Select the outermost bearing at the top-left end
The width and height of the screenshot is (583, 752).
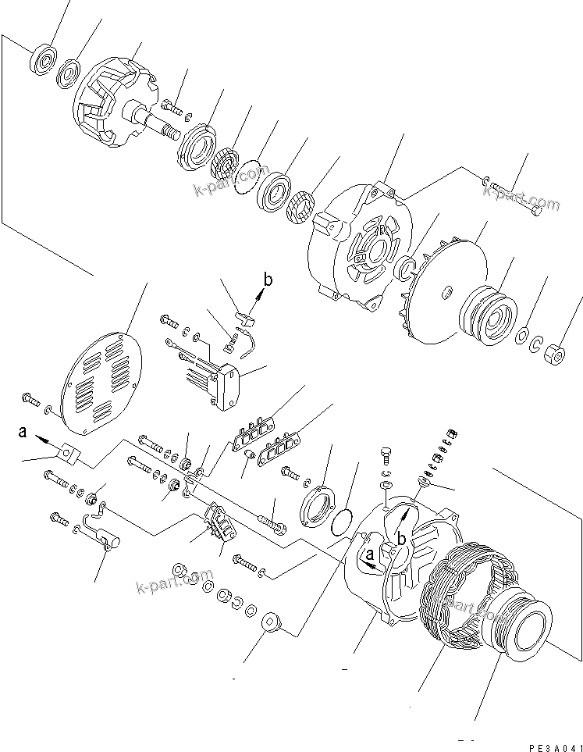(x=43, y=59)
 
